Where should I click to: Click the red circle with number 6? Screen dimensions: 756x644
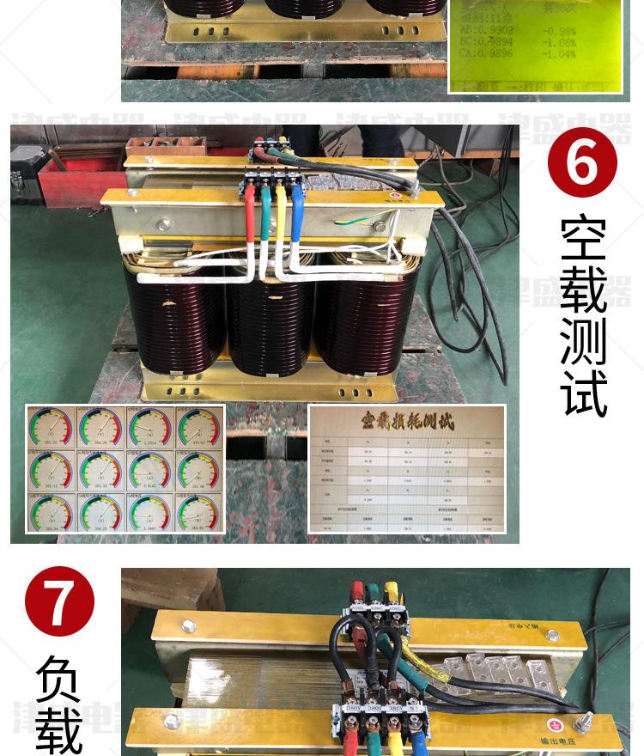coord(582,162)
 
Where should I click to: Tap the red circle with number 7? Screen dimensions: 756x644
coord(59,601)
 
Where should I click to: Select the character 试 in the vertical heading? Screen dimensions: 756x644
coord(583,394)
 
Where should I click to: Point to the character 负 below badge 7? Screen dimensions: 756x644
coord(59,679)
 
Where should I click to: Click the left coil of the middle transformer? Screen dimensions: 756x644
coord(175,318)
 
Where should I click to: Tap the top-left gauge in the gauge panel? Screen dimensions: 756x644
coord(52,427)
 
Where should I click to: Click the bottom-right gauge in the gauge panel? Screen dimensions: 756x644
coord(198,513)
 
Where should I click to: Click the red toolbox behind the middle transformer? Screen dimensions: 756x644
coord(82,176)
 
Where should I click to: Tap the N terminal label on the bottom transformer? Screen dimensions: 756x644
coord(415,710)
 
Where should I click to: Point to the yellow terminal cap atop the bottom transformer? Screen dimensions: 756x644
coord(392,591)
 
